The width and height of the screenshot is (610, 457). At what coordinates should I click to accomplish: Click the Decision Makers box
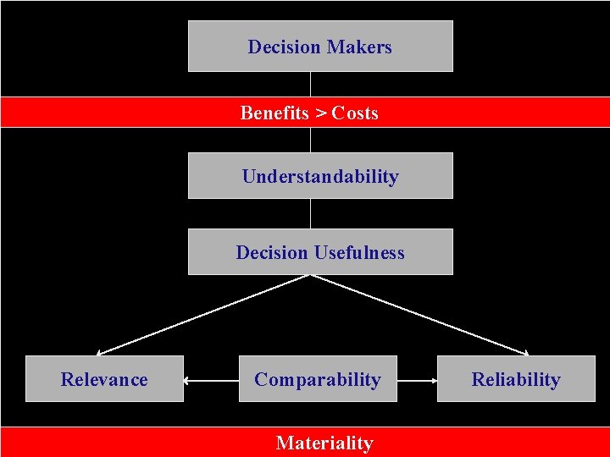pyautogui.click(x=320, y=47)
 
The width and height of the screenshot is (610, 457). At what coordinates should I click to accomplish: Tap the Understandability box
pyautogui.click(x=320, y=176)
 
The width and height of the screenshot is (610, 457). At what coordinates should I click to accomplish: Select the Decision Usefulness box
pyautogui.click(x=320, y=252)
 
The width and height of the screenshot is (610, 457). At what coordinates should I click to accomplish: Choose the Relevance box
pyautogui.click(x=104, y=379)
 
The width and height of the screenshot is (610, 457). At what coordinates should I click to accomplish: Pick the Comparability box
pyautogui.click(x=318, y=379)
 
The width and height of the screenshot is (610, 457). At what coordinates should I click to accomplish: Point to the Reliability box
pyautogui.click(x=516, y=379)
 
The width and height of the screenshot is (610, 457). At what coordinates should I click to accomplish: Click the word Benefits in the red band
pyautogui.click(x=274, y=113)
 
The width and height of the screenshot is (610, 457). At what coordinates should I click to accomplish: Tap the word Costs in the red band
pyautogui.click(x=355, y=113)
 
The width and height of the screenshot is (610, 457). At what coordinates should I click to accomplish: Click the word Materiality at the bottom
pyautogui.click(x=324, y=443)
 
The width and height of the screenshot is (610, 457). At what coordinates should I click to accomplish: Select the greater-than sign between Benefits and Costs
pyautogui.click(x=321, y=113)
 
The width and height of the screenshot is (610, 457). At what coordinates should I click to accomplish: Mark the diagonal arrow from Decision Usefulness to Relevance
pyautogui.click(x=203, y=314)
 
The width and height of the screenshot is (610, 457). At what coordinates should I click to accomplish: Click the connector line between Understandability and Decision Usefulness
pyautogui.click(x=311, y=213)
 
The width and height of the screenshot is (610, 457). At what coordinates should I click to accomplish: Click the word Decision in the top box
pyautogui.click(x=283, y=47)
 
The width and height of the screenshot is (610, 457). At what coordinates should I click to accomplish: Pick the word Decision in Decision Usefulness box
pyautogui.click(x=272, y=252)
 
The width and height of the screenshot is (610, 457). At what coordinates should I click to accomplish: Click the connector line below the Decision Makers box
pyautogui.click(x=311, y=84)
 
